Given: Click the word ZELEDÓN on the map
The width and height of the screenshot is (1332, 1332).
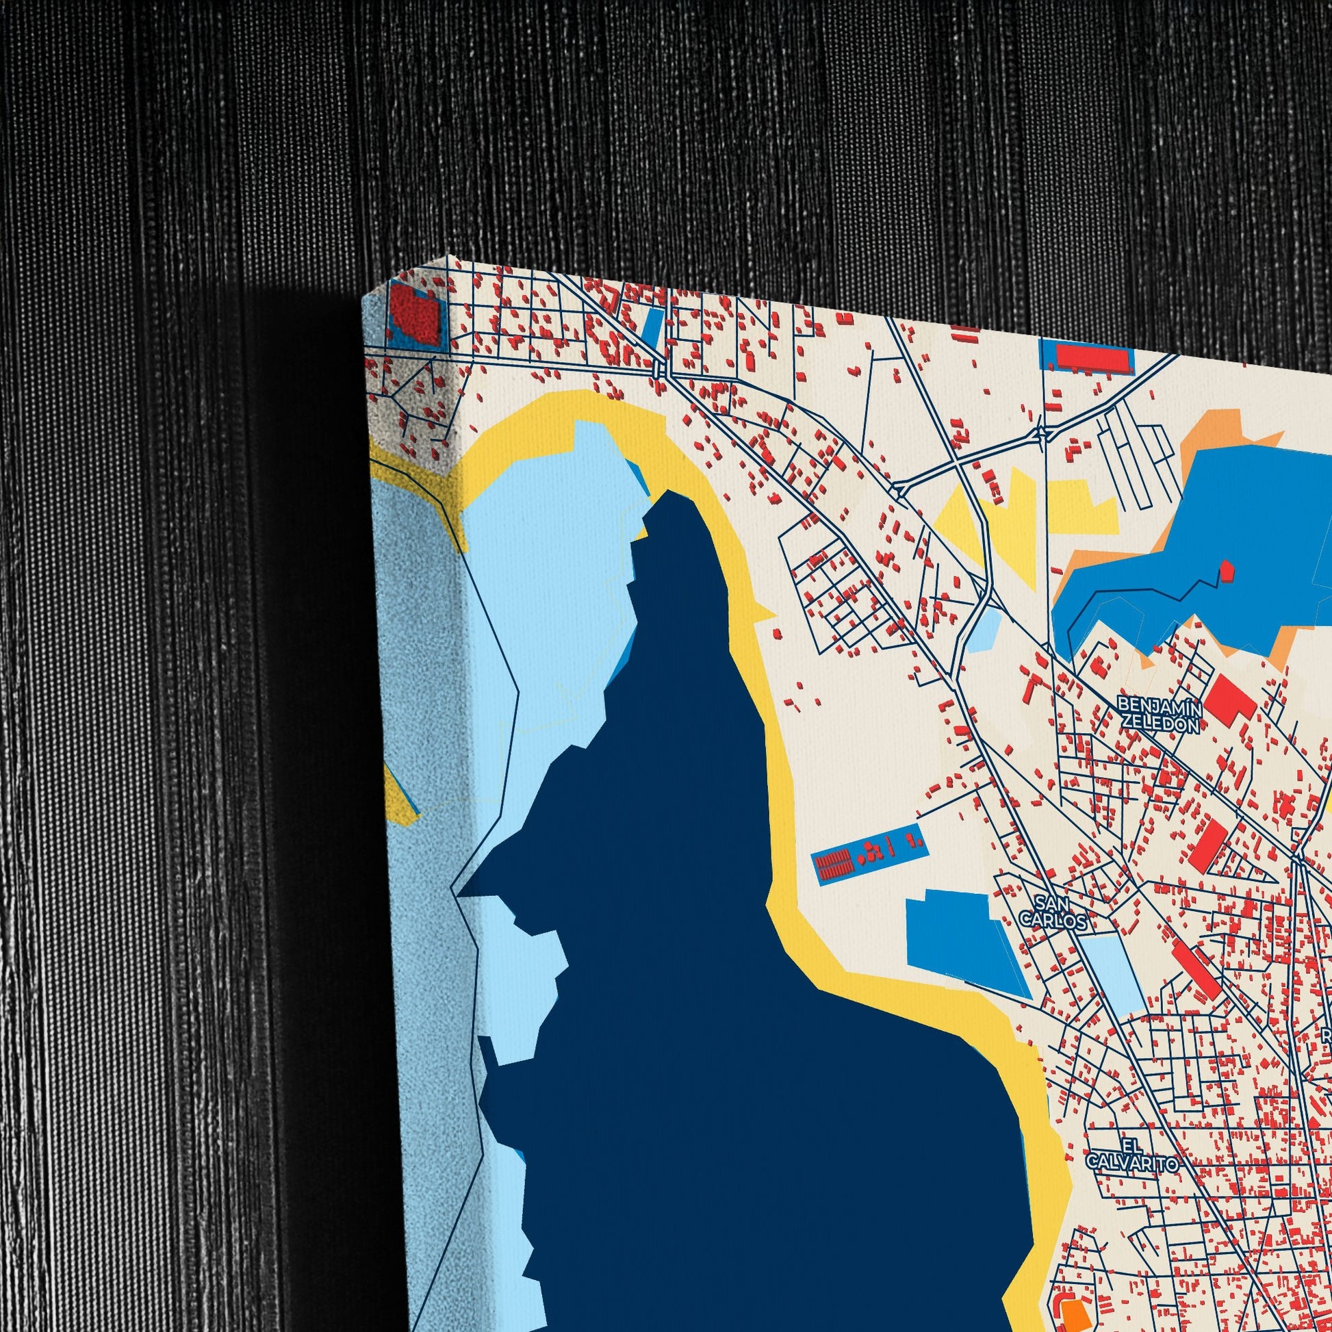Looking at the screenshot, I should coord(1161,723).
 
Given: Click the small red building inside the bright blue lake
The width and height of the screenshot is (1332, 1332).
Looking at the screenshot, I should coord(1227,569).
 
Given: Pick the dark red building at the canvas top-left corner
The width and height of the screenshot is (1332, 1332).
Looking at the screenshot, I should coord(415,315).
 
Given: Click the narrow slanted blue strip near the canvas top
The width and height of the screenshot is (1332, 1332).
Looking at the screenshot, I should coord(651,326).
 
